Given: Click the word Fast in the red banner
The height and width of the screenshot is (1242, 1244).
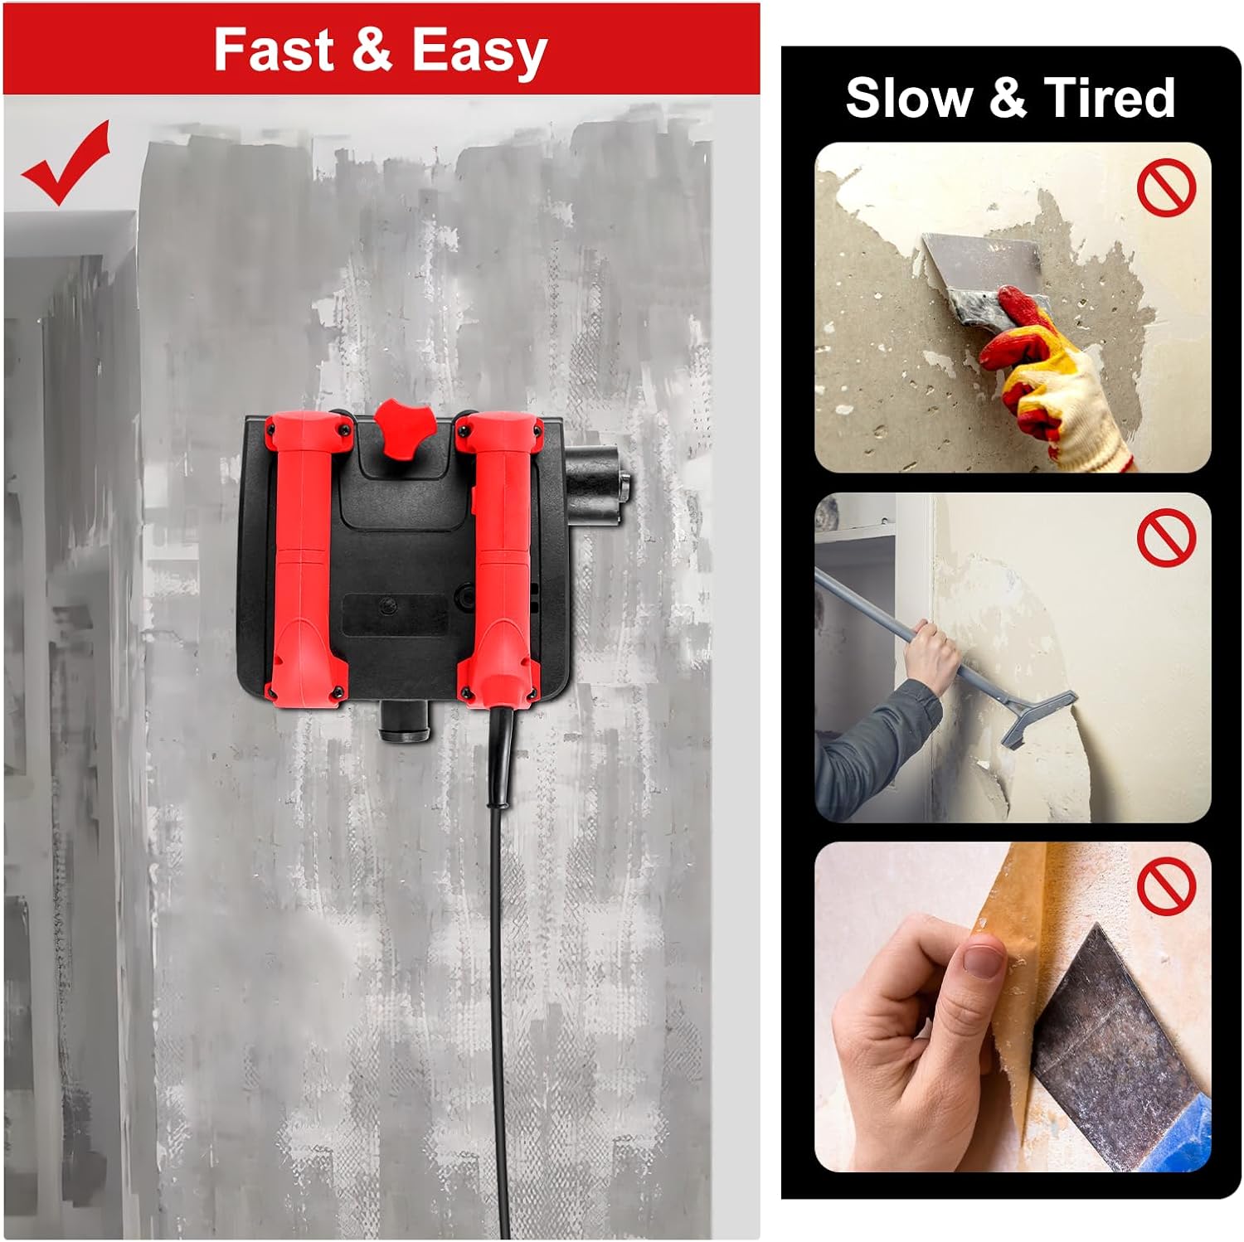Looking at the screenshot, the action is click(275, 50).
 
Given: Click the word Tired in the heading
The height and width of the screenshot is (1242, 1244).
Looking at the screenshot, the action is click(1110, 98).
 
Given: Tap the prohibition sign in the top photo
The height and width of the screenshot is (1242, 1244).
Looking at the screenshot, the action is click(1166, 187).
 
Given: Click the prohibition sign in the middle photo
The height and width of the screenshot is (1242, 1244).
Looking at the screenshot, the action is click(1166, 537).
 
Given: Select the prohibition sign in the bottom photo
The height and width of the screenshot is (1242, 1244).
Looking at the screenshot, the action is click(1166, 886).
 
